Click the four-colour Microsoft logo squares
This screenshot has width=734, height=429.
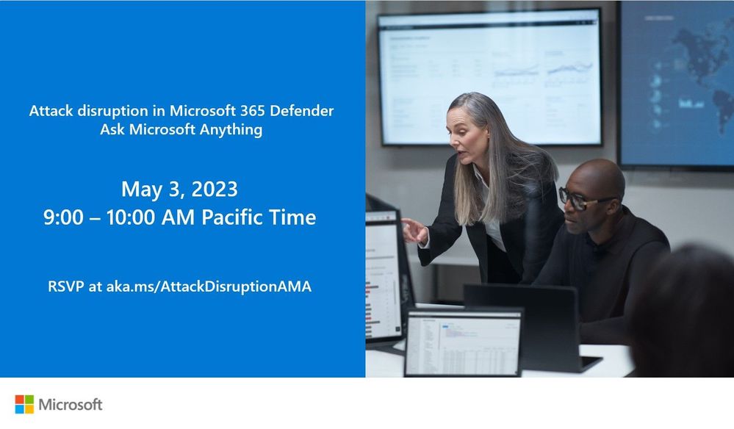point(24,404)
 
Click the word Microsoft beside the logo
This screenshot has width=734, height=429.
point(71,405)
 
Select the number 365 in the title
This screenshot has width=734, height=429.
point(253,111)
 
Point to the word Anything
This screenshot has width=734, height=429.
point(231,129)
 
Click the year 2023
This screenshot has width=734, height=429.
point(215,189)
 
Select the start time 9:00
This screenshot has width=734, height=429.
point(63,217)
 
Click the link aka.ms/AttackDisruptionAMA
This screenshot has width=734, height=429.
point(209,286)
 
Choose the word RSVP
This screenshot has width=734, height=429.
point(66,286)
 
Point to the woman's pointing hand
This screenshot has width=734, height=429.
point(414,231)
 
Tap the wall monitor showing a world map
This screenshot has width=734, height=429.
point(677,84)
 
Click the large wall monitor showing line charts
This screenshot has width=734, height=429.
point(489,78)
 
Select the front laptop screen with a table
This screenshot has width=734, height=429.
point(463,342)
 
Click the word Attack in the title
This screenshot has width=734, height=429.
point(51,111)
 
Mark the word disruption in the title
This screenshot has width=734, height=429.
point(113,112)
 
